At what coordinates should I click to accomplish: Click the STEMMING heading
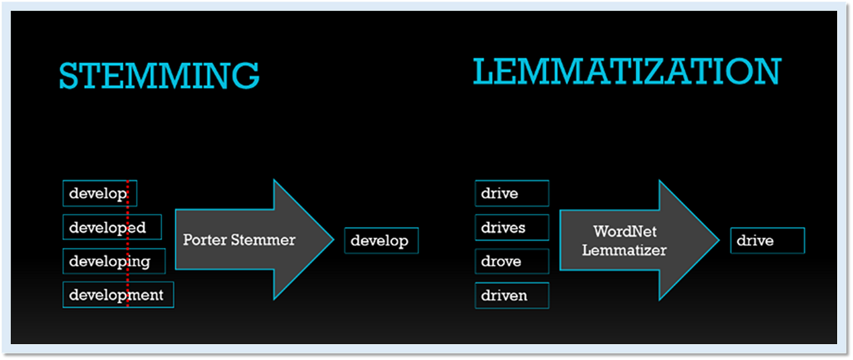[159, 76]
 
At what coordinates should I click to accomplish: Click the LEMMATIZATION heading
[626, 72]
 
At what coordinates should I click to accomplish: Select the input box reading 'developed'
[112, 227]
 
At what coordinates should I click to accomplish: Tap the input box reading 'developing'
[114, 261]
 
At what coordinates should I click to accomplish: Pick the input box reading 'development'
[118, 295]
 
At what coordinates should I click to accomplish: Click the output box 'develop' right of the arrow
[381, 241]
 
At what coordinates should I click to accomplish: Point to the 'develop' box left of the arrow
[99, 194]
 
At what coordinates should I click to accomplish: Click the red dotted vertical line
[127, 244]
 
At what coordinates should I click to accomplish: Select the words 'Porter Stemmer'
[239, 239]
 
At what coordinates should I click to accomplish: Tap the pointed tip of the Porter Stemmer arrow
[332, 239]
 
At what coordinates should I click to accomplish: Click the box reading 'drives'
[511, 227]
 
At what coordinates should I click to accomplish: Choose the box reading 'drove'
[511, 261]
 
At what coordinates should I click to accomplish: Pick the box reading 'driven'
[511, 295]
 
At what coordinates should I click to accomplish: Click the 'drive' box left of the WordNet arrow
[511, 193]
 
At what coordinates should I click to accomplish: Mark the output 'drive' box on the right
[767, 241]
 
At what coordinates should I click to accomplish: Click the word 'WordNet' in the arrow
[624, 231]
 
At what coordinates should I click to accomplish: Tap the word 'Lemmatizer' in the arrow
[624, 249]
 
